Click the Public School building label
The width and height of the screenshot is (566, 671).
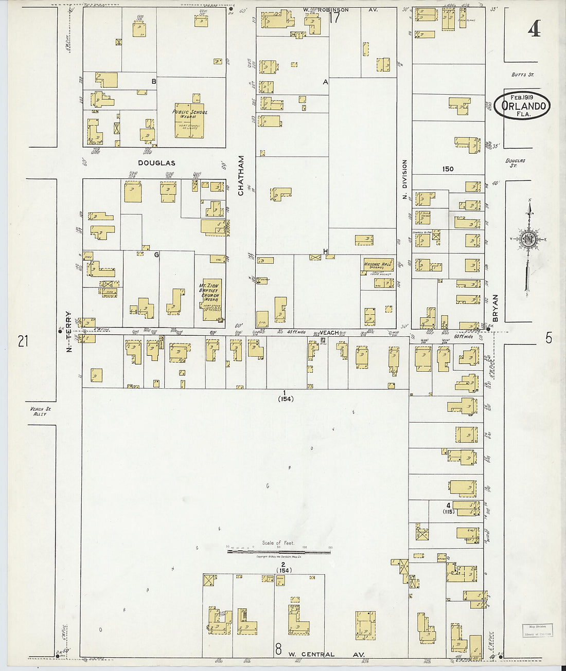tap(190, 112)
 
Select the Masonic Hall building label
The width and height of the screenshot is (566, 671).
tap(378, 265)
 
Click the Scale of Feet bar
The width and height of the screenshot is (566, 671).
tap(279, 552)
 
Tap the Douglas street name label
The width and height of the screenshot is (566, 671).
tap(156, 163)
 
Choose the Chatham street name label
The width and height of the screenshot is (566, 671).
tap(241, 176)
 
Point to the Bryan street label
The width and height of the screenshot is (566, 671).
tap(496, 307)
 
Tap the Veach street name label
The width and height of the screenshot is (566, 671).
tap(329, 333)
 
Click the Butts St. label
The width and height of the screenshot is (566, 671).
tap(522, 75)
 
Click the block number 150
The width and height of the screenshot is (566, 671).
tap(448, 169)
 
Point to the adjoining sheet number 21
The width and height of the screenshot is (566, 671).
tap(23, 340)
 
